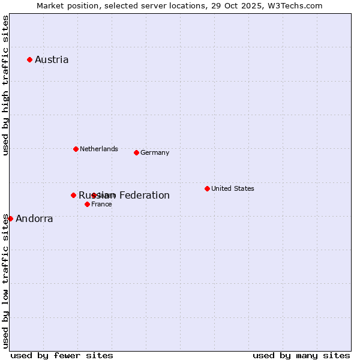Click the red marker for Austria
tap(29, 59)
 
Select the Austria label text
tap(52, 59)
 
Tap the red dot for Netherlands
tap(76, 149)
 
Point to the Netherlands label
tap(98, 149)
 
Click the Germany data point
tap(136, 152)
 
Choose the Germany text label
tap(155, 152)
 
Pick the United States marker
tap(207, 188)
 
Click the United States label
tap(232, 188)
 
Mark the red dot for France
tap(87, 204)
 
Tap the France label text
tap(101, 204)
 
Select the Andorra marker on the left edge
tap(10, 218)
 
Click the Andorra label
tap(34, 218)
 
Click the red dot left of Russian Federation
tap(73, 195)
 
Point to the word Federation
tap(144, 195)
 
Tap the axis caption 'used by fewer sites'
tap(62, 355)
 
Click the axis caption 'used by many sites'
tap(301, 355)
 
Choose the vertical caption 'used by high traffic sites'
tap(5, 85)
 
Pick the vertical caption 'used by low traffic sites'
tap(5, 281)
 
